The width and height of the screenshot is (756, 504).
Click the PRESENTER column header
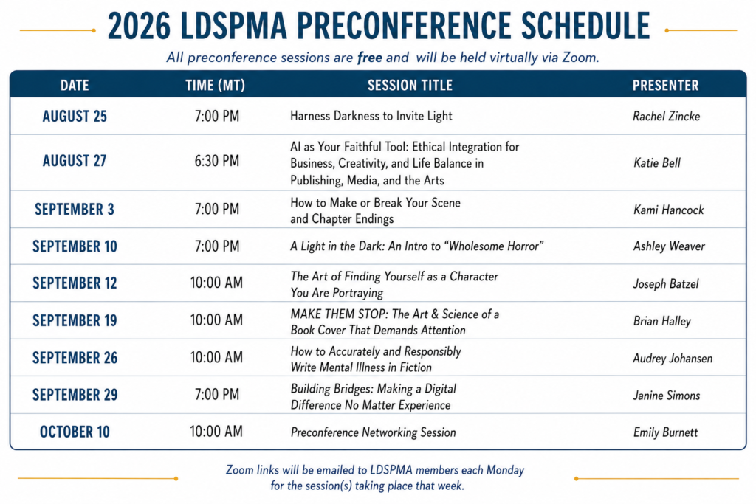[665, 86]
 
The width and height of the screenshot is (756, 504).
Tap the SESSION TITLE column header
[410, 86]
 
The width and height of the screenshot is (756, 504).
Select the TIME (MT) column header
[215, 86]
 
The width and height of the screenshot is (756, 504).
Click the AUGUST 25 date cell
[75, 116]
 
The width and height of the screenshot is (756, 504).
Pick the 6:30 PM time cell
[217, 160]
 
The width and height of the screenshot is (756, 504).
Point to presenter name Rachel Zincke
[667, 116]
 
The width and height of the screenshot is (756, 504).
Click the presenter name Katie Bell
[656, 163]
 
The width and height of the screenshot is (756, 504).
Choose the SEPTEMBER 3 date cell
[75, 209]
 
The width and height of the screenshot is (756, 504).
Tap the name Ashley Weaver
[669, 246]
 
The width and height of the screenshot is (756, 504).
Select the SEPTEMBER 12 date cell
[75, 283]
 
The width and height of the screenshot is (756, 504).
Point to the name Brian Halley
[662, 321]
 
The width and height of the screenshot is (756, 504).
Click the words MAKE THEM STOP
[339, 314]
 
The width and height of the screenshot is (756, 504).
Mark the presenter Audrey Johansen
[673, 358]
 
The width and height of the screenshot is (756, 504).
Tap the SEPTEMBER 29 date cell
[75, 395]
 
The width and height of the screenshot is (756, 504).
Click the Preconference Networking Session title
[373, 432]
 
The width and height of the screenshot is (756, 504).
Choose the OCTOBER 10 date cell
[75, 432]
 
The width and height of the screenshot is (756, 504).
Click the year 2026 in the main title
[139, 26]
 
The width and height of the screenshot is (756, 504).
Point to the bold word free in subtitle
[369, 58]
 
